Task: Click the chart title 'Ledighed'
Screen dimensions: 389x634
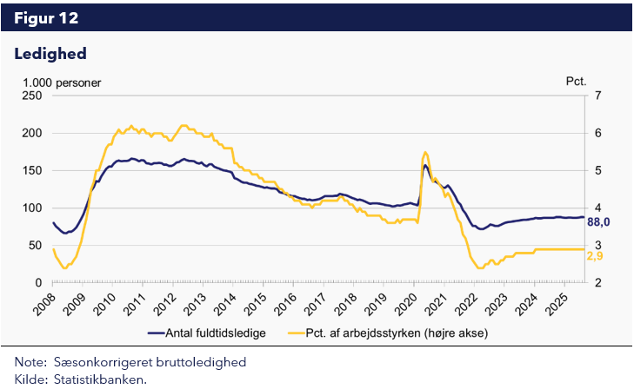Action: point(50,55)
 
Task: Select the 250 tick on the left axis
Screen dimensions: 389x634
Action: point(32,96)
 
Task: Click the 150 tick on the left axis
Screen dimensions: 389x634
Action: point(32,170)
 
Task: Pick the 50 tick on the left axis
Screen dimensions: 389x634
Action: point(36,245)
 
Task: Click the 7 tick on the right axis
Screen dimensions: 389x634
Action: point(597,96)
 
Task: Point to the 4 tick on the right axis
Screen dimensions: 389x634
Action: point(597,208)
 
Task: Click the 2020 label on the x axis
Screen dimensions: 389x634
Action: point(410,303)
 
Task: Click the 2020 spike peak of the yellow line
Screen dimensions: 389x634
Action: point(424,152)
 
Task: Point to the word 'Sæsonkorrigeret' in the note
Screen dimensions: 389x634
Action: point(91,361)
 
